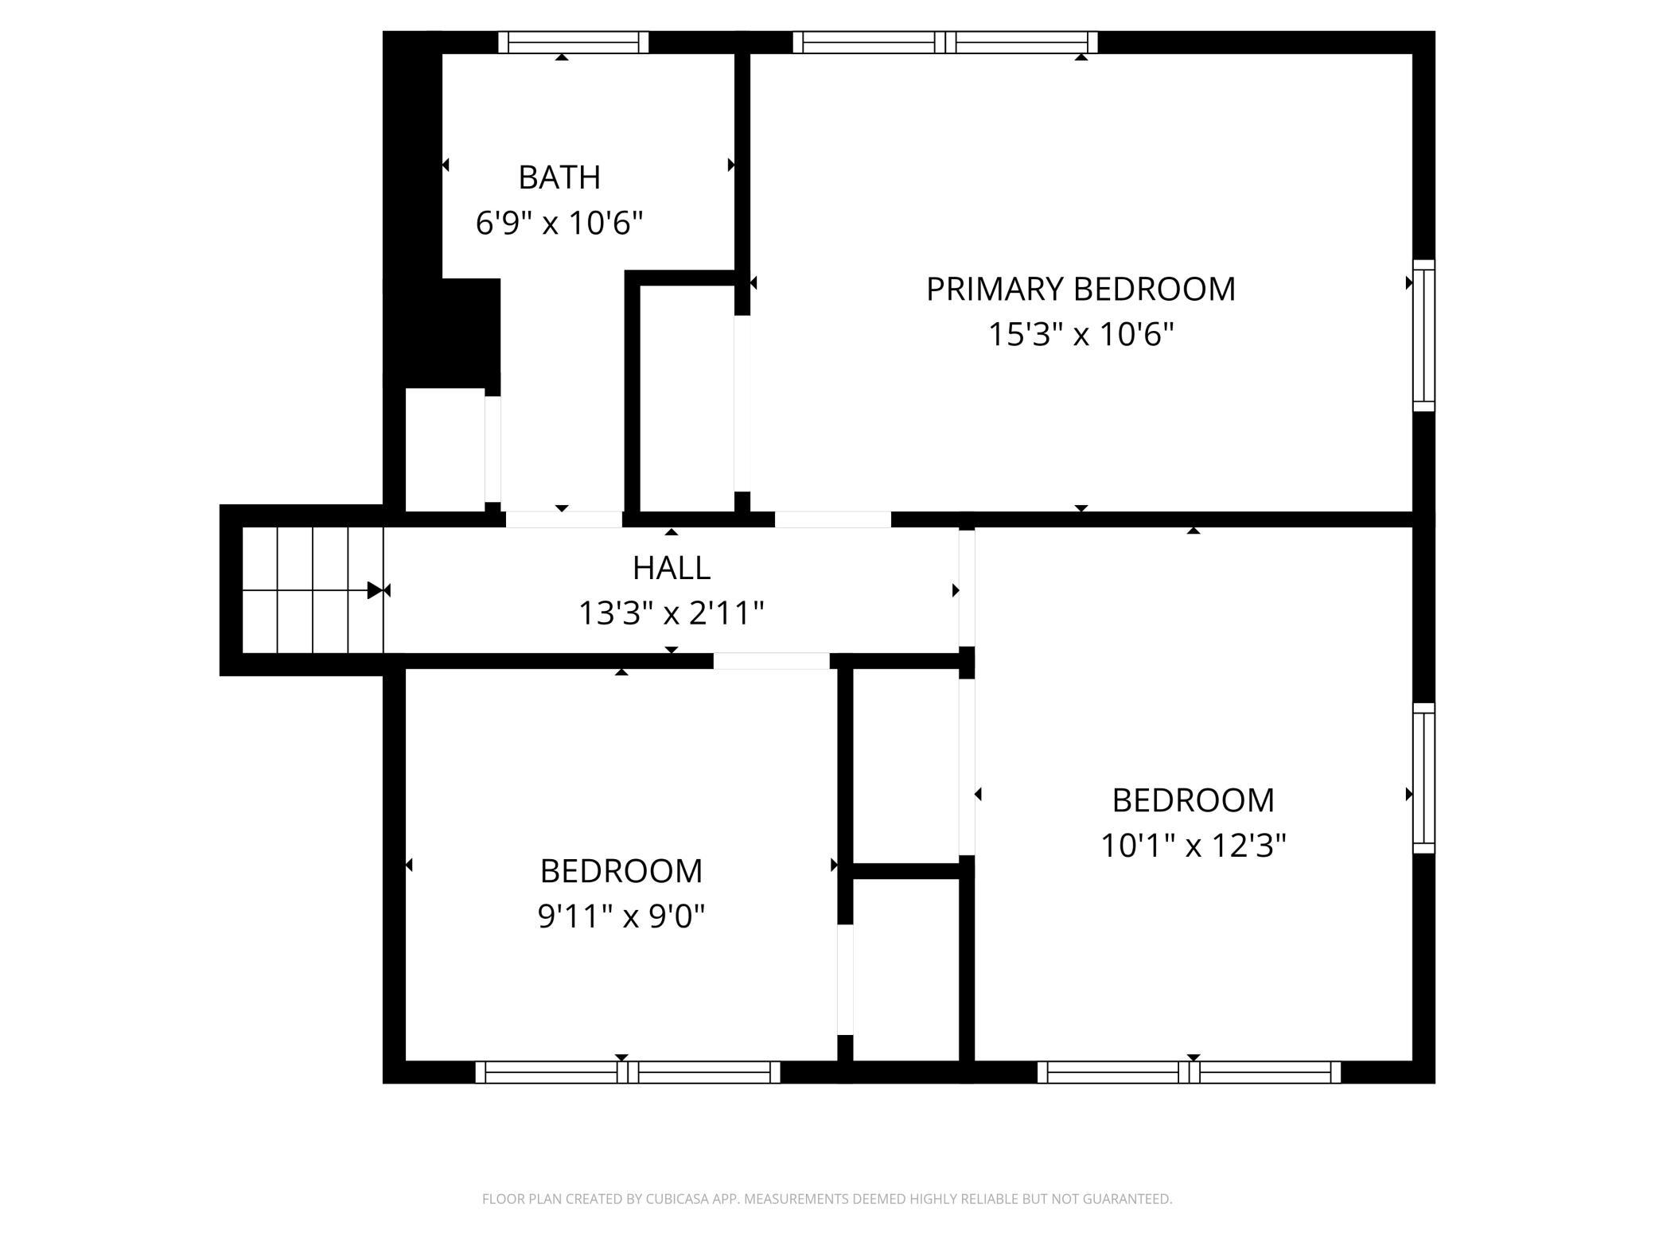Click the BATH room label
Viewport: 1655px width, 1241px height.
(559, 177)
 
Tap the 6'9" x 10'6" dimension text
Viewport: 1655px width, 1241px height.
(559, 223)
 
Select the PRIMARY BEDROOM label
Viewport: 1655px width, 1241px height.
(1081, 289)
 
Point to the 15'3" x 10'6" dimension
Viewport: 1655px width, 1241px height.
(1081, 334)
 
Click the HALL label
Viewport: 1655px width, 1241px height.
(672, 568)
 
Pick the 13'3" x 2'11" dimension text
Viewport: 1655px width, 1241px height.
(672, 613)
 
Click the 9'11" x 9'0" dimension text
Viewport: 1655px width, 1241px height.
(621, 916)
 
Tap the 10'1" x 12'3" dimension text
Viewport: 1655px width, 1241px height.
(1193, 845)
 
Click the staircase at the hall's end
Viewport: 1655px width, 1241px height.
(313, 590)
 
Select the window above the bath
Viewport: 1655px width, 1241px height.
(574, 42)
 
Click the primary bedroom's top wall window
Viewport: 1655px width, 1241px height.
(945, 42)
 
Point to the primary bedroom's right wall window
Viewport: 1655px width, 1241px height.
(1423, 336)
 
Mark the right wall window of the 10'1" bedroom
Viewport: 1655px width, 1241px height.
(1423, 778)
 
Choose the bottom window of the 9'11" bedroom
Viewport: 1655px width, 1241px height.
(628, 1072)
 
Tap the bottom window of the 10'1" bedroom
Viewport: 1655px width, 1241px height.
(1190, 1072)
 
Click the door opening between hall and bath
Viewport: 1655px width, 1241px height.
(564, 519)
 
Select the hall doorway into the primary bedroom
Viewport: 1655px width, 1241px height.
(833, 519)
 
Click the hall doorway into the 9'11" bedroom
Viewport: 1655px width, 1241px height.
(772, 661)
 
